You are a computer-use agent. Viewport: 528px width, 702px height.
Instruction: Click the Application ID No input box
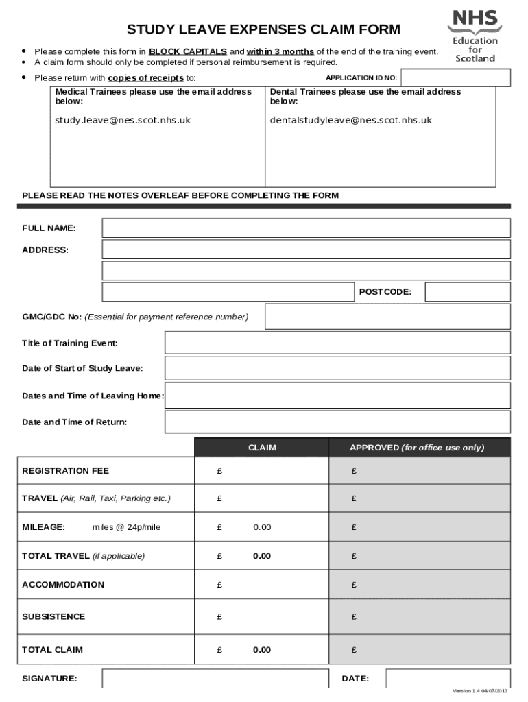455,78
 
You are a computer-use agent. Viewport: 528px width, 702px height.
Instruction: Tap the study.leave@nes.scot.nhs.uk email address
123,120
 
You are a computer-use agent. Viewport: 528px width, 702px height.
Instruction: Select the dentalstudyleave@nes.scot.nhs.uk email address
351,120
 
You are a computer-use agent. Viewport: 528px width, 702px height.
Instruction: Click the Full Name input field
306,228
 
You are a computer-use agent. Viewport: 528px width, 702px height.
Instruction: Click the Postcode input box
468,292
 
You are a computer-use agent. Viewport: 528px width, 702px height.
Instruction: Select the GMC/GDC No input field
387,317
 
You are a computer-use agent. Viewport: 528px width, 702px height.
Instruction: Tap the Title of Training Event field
337,343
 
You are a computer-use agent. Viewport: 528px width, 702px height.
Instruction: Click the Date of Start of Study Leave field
337,369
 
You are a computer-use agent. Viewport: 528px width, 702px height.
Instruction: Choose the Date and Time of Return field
337,422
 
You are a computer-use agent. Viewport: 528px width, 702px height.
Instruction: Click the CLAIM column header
262,448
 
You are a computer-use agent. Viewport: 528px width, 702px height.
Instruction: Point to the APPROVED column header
417,448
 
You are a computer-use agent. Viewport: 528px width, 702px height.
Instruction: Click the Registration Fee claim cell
262,471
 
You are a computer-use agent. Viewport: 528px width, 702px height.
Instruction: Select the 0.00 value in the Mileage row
262,527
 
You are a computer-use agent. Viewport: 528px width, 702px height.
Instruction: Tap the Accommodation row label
63,585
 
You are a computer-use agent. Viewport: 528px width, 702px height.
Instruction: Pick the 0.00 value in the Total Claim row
262,650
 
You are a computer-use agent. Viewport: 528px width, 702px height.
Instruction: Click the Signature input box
215,679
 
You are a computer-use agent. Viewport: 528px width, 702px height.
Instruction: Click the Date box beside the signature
448,679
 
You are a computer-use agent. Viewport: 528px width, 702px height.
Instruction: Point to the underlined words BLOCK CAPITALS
188,51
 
